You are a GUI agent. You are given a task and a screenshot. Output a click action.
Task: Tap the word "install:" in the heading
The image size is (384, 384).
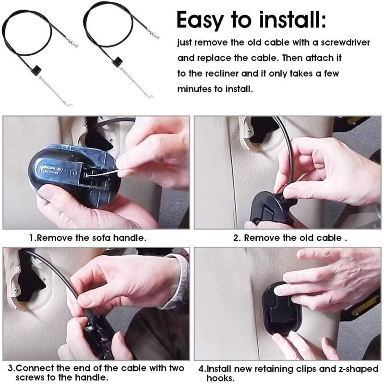tap(293, 19)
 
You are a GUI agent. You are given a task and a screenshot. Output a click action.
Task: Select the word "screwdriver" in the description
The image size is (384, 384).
tap(345, 42)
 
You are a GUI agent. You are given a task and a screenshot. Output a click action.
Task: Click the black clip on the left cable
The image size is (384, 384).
tap(37, 69)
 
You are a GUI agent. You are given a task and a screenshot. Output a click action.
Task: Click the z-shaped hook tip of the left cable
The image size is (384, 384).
tap(69, 105)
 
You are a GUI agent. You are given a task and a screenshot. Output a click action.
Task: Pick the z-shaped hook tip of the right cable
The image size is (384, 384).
tap(150, 97)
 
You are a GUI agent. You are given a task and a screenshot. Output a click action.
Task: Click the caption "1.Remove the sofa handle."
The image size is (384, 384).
tap(88, 238)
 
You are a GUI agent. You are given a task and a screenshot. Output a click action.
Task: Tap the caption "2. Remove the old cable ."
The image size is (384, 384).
tap(290, 238)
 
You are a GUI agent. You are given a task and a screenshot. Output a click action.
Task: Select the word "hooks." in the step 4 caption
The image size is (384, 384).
tap(220, 378)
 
